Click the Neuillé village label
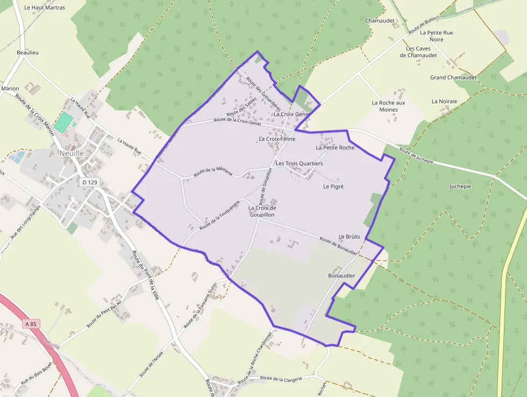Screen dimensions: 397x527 point(72,154)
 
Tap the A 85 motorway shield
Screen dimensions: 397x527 point(31,324)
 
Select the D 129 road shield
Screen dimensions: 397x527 point(90,183)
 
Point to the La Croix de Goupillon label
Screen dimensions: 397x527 point(262,211)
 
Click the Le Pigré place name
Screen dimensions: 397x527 point(333,186)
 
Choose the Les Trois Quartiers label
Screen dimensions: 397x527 point(299,163)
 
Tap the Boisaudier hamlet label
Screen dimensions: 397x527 point(341,275)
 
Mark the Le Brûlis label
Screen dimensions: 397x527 point(349,236)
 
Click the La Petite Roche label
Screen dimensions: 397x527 point(335,147)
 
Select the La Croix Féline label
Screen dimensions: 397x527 point(277,139)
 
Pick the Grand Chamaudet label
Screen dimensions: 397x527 point(453,78)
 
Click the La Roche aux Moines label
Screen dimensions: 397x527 point(388,106)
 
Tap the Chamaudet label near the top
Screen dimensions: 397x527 point(379,20)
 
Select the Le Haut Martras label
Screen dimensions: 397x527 point(45,8)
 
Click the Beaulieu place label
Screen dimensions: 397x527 point(28,52)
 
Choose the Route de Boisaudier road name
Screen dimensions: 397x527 point(338,246)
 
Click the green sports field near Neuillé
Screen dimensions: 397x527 point(63,122)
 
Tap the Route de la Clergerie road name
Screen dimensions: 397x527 point(281,379)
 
